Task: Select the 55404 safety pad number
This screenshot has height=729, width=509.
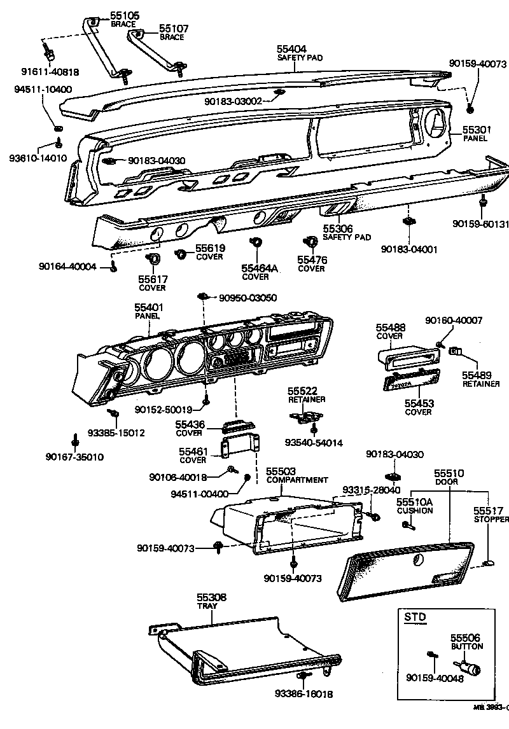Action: click(x=291, y=48)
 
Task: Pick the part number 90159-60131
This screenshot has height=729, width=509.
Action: click(x=480, y=223)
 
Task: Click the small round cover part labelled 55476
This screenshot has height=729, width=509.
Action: click(x=311, y=242)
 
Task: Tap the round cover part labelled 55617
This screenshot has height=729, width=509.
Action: click(x=153, y=259)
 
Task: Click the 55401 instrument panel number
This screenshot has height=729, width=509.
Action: click(x=148, y=307)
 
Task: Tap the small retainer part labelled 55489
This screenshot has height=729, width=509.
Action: click(x=456, y=351)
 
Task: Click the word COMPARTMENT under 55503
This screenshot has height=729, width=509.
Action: click(x=296, y=480)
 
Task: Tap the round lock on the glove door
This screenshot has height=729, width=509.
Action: click(x=417, y=560)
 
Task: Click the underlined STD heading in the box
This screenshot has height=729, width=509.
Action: click(x=415, y=616)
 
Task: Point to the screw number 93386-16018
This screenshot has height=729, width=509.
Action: click(x=304, y=693)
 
